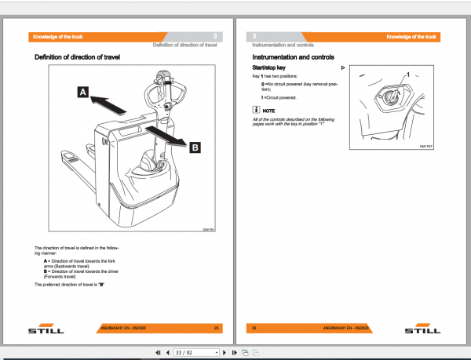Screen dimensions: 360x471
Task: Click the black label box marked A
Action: click(82, 93)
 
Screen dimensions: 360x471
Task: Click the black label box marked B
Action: click(195, 145)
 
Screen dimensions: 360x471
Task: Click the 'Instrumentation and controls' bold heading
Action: click(293, 58)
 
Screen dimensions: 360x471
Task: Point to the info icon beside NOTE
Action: click(255, 111)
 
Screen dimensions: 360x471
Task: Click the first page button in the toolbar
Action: click(159, 353)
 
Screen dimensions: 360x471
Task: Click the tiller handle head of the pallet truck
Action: click(170, 78)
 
